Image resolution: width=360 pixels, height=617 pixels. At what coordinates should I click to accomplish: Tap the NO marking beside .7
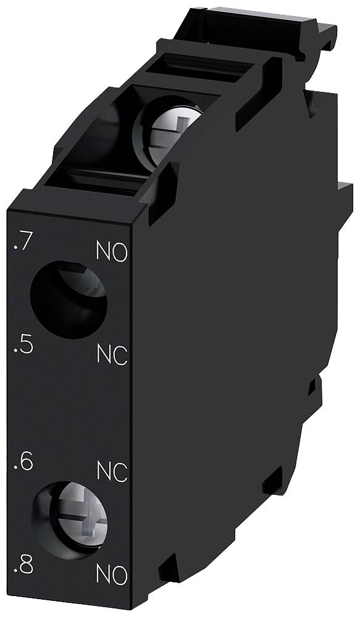112,252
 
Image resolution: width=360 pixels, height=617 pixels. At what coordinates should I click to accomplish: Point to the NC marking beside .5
112,354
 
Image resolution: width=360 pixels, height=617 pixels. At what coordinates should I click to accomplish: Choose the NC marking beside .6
112,472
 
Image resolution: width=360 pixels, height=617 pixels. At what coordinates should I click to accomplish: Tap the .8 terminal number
23,566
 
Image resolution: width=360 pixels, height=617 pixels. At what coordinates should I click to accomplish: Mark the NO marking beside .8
112,575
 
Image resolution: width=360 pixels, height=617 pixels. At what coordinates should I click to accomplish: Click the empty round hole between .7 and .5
68,300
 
